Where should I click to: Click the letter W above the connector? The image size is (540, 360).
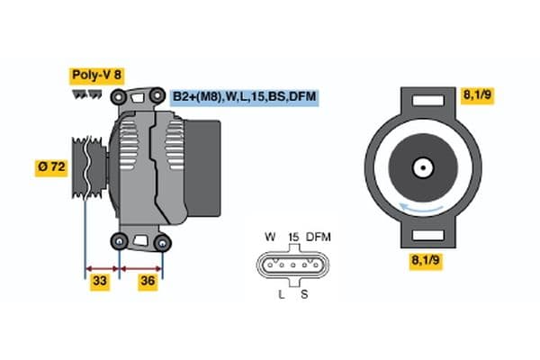pyautogui.click(x=269, y=238)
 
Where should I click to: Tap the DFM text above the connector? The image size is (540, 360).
pyautogui.click(x=319, y=238)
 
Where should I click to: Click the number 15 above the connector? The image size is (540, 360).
pyautogui.click(x=292, y=238)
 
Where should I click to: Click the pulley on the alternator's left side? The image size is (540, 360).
pyautogui.click(x=84, y=167)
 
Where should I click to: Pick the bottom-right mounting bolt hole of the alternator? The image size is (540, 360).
pyautogui.click(x=162, y=243)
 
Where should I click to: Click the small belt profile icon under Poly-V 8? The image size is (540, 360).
pyautogui.click(x=86, y=94)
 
